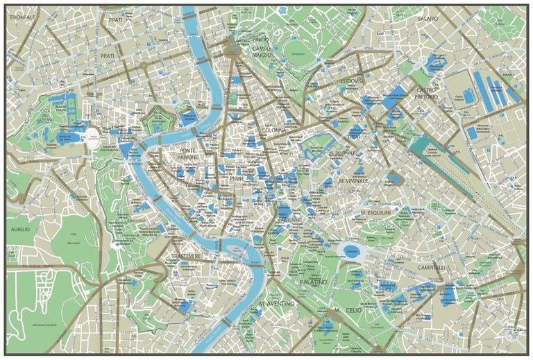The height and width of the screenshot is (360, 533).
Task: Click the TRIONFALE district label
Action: tap(22, 17)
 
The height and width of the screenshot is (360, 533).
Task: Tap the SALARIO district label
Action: tap(427, 19)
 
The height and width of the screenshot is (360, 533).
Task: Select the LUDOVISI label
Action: tap(353, 81)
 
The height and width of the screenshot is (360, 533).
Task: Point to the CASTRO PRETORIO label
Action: tap(426, 94)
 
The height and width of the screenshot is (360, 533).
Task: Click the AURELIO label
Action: tap(20, 229)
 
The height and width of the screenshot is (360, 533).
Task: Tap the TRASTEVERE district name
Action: tap(186, 257)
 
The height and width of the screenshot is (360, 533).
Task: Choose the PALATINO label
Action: tap(314, 282)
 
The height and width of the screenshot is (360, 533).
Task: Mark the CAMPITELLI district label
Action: tap(432, 267)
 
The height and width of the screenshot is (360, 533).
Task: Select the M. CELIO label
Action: tap(345, 309)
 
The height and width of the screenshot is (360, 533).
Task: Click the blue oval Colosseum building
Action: tap(353, 252)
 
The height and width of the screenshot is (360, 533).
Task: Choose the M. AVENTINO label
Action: tap(276, 304)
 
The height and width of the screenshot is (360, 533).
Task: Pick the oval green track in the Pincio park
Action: tap(297, 51)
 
